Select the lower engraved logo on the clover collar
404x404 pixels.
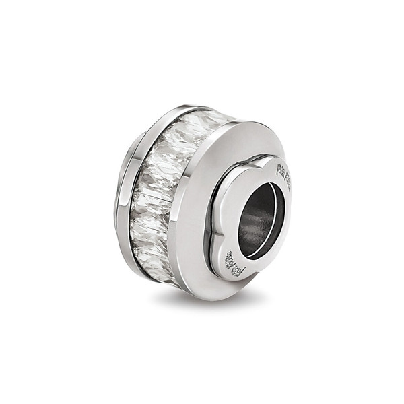[240, 264]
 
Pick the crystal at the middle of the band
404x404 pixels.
[151, 195]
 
